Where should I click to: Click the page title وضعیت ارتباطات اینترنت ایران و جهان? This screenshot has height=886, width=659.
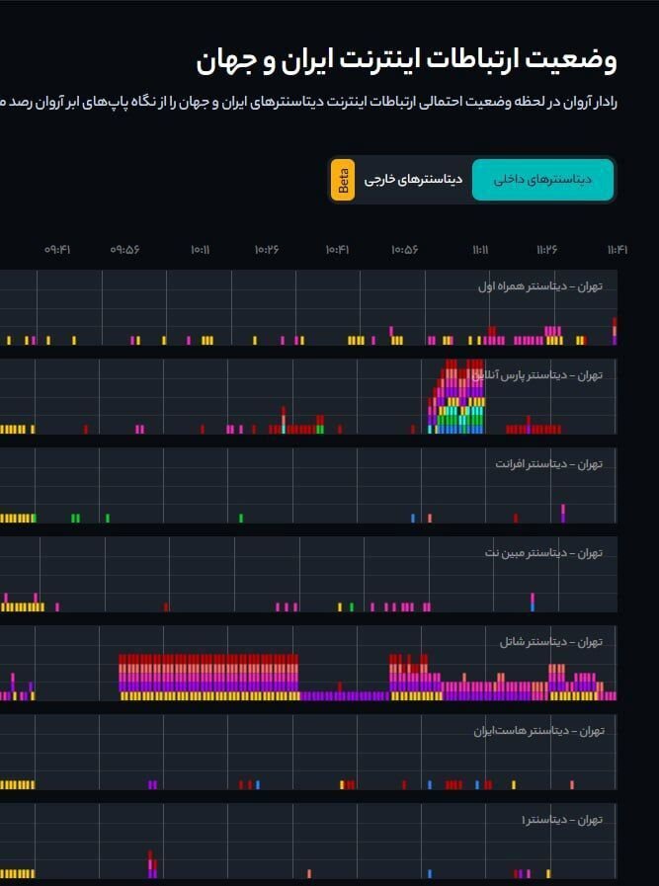406,60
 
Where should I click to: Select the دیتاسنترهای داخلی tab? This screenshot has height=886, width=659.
542,180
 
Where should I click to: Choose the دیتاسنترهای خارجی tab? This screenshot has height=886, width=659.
413,180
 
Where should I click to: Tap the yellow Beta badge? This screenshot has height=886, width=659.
343,180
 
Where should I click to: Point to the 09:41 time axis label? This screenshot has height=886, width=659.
57,250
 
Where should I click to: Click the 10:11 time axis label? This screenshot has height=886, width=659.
200,250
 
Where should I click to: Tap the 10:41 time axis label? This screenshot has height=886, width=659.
337,250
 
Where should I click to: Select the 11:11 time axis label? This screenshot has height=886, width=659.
480,250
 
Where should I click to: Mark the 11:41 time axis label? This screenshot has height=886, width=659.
617,250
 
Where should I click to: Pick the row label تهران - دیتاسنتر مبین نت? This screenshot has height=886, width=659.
543,552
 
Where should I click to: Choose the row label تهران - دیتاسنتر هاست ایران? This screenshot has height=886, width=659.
537,731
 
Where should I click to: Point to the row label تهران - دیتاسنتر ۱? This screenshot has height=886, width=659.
561,820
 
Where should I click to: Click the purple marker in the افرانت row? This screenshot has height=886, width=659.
563,513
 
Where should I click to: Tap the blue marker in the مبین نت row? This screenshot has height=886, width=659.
533,602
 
